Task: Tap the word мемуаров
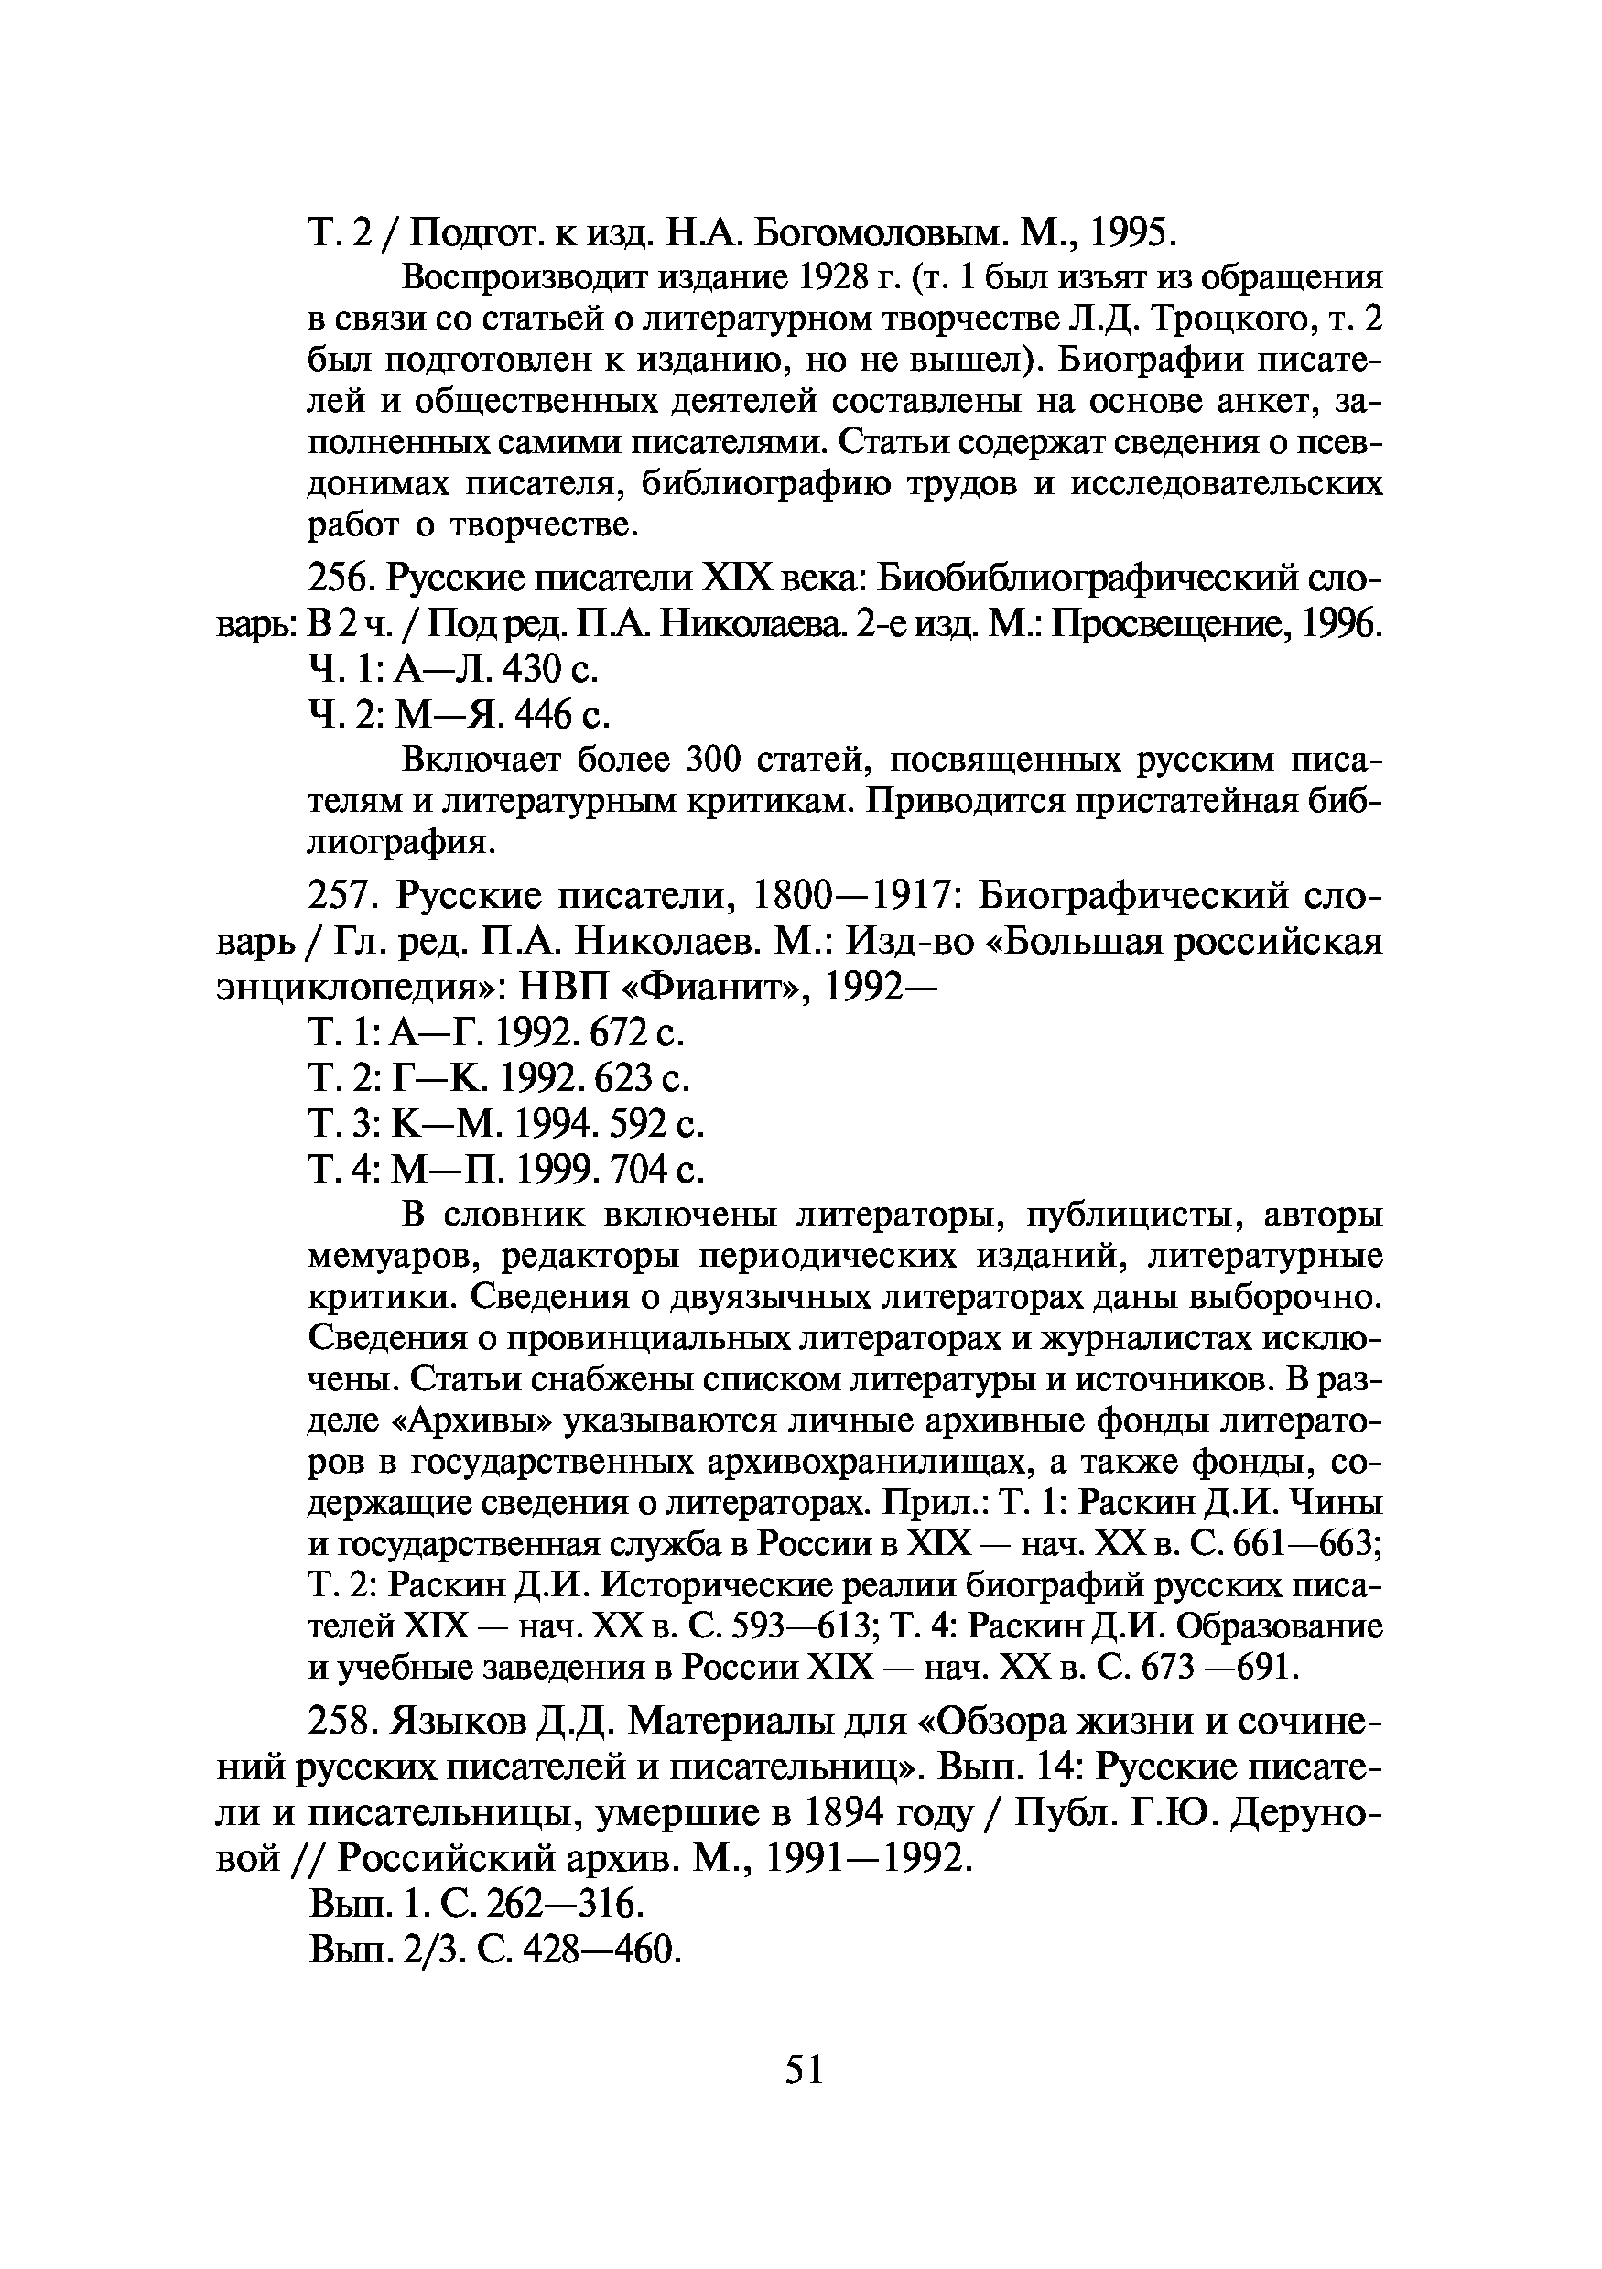(x=395, y=1257)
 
